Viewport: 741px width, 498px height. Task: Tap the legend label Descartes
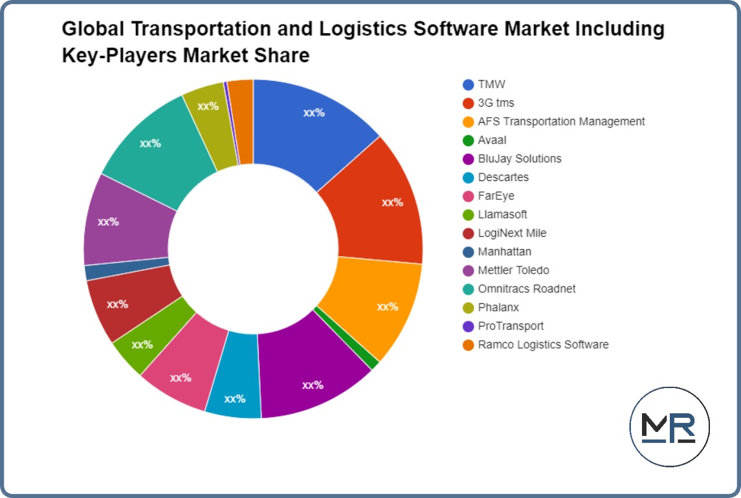click(x=503, y=177)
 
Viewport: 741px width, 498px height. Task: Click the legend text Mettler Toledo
click(x=513, y=270)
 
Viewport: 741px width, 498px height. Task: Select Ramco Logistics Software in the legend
click(x=543, y=345)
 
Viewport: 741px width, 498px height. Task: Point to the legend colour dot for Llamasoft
click(x=469, y=215)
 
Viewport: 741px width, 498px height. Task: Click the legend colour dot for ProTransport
click(x=469, y=327)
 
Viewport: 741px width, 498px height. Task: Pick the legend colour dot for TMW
click(x=469, y=85)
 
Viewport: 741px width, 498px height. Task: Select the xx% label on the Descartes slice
click(x=234, y=399)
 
